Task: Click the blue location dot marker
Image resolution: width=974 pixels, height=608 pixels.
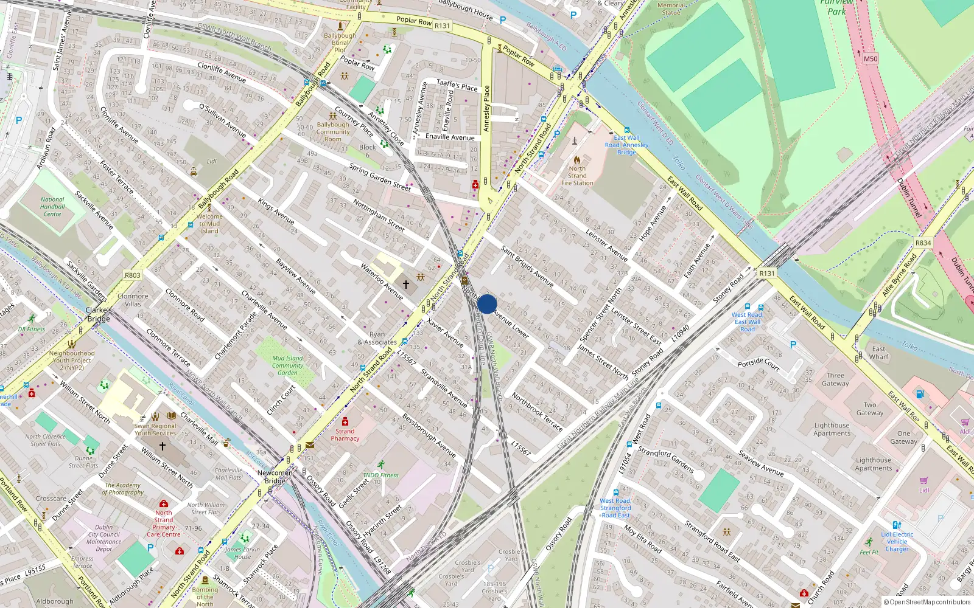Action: (487, 304)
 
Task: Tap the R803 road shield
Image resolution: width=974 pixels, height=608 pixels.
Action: (133, 275)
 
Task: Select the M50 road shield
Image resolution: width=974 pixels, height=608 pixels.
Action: (871, 59)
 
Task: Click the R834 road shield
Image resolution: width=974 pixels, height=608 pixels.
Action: (923, 243)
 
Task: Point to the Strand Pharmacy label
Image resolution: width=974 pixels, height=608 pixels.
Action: (345, 435)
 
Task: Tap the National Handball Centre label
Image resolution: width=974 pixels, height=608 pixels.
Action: (52, 207)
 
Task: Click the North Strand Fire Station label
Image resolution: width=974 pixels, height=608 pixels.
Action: (577, 176)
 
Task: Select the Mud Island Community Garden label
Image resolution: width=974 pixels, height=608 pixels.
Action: (287, 365)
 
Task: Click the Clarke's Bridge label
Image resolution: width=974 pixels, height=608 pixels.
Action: (99, 314)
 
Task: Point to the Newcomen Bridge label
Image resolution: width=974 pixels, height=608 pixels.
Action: (275, 477)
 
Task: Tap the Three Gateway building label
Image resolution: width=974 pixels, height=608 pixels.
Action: (835, 379)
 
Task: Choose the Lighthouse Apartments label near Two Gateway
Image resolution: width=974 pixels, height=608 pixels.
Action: (832, 429)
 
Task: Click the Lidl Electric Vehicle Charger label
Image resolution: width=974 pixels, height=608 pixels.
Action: (897, 541)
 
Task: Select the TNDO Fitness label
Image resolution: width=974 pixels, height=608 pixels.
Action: (380, 475)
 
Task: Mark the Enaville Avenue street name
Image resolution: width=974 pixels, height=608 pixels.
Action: (450, 137)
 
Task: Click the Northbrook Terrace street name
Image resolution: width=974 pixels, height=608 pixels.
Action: (537, 412)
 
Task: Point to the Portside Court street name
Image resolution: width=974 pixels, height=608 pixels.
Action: (759, 364)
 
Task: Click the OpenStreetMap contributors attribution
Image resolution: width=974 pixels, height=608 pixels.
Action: (927, 603)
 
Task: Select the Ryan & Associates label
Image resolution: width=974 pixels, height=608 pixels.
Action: (377, 338)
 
